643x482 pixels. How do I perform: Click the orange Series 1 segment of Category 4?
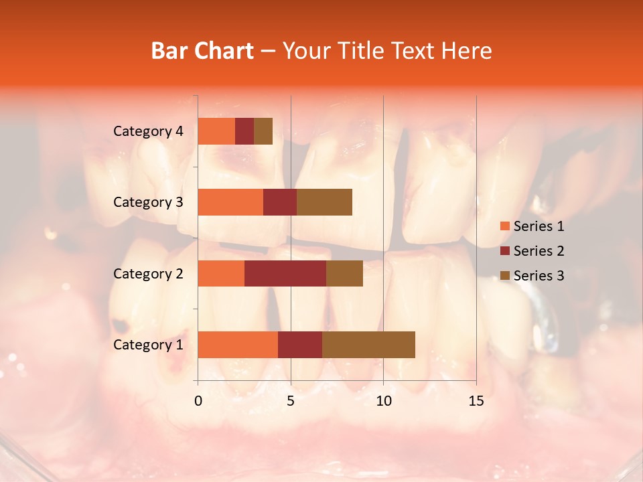click(x=216, y=131)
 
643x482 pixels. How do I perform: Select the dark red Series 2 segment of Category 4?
click(x=244, y=131)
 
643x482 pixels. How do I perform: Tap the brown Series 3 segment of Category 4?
click(x=263, y=131)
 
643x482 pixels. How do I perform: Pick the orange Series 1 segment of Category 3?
click(x=230, y=202)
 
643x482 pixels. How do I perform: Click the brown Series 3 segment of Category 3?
click(x=324, y=202)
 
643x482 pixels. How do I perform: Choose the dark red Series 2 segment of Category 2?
click(x=285, y=273)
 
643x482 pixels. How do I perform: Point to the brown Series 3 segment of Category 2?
click(x=344, y=273)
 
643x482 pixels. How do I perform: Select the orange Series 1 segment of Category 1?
click(x=238, y=345)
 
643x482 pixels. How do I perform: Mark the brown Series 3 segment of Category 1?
click(x=368, y=345)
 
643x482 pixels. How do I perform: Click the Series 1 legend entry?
click(x=532, y=226)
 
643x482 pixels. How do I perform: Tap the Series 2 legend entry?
click(x=532, y=251)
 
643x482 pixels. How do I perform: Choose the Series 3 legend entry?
click(x=532, y=276)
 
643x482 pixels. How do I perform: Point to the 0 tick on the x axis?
click(x=198, y=401)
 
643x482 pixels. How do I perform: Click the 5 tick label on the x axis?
click(x=291, y=401)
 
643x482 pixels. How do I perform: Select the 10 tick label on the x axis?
click(x=383, y=401)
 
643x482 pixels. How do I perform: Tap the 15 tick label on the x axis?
click(x=476, y=401)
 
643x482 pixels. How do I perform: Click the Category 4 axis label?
click(x=148, y=131)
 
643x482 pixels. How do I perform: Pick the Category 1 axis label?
click(x=148, y=345)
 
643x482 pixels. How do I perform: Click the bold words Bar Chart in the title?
click(x=202, y=51)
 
